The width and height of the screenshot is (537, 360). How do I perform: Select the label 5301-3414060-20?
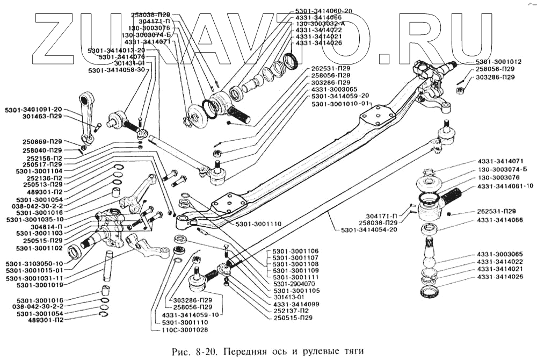(x=323, y=11)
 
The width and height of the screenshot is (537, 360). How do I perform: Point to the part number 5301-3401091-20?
(x=34, y=110)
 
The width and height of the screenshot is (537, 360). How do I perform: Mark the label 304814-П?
(x=47, y=227)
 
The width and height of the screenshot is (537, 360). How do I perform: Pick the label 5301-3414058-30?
(x=117, y=70)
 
